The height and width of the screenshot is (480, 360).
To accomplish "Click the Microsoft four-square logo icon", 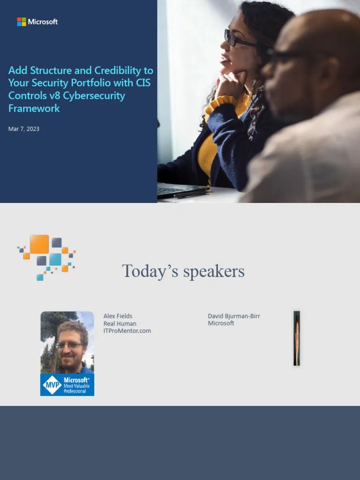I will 22,22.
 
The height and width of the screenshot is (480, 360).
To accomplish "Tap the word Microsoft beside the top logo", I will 43,22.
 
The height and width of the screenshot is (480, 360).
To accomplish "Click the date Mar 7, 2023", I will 24,128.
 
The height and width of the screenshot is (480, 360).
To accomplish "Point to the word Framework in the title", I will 34,108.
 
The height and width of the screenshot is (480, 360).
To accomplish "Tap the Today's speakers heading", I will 183,271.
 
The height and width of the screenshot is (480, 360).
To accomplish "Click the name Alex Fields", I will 118,316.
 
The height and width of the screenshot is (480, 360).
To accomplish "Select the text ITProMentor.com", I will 127,331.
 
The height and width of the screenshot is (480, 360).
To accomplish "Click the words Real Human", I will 120,323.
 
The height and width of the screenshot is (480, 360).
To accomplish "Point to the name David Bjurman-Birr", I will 234,316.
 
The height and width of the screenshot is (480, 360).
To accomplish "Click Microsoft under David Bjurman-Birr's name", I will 221,323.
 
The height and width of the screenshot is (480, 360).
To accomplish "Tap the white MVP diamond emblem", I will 52,385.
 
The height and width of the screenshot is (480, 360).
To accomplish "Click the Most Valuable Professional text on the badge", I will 77,388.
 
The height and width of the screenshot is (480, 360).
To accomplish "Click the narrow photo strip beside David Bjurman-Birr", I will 297,338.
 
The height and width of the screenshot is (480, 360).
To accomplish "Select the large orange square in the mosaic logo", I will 39,244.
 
